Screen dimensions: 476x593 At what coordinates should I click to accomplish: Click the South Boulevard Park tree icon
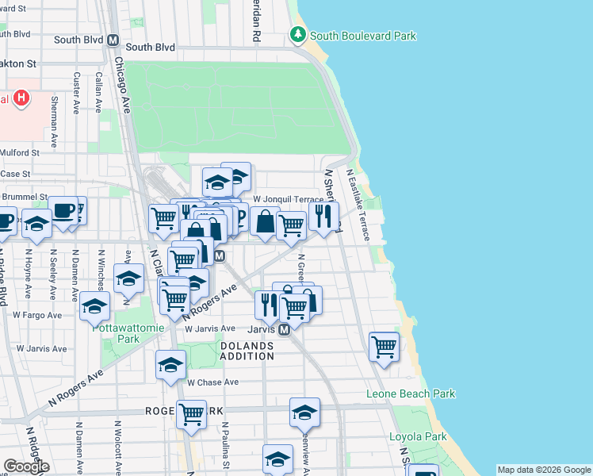point(297,35)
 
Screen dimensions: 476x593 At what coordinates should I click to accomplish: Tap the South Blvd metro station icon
point(113,40)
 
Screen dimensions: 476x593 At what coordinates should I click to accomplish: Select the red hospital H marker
point(21,99)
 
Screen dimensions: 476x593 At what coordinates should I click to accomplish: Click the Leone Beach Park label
point(411,393)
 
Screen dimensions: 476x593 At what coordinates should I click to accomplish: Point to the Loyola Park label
point(419,436)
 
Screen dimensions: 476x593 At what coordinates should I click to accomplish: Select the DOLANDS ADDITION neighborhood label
point(247,351)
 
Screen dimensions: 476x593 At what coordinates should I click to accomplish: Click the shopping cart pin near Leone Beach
point(384,346)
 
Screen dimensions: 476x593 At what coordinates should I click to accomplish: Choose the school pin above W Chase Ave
point(170,365)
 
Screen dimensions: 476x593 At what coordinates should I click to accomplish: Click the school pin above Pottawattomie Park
point(94,306)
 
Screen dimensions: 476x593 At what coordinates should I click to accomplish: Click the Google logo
point(26,466)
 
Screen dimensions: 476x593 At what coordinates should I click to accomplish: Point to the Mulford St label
point(20,152)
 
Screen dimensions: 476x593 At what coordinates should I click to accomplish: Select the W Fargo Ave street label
point(33,314)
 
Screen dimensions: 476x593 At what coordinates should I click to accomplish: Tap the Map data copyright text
point(543,470)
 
